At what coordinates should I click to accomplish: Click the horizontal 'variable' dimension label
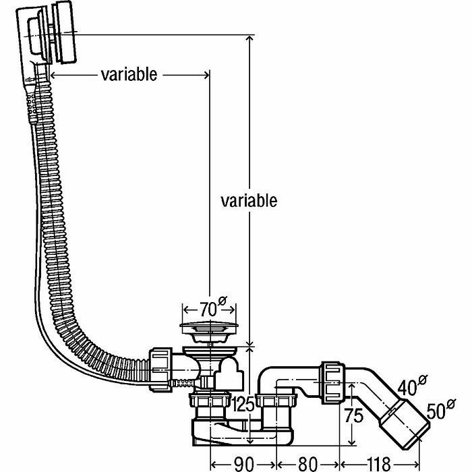129,73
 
